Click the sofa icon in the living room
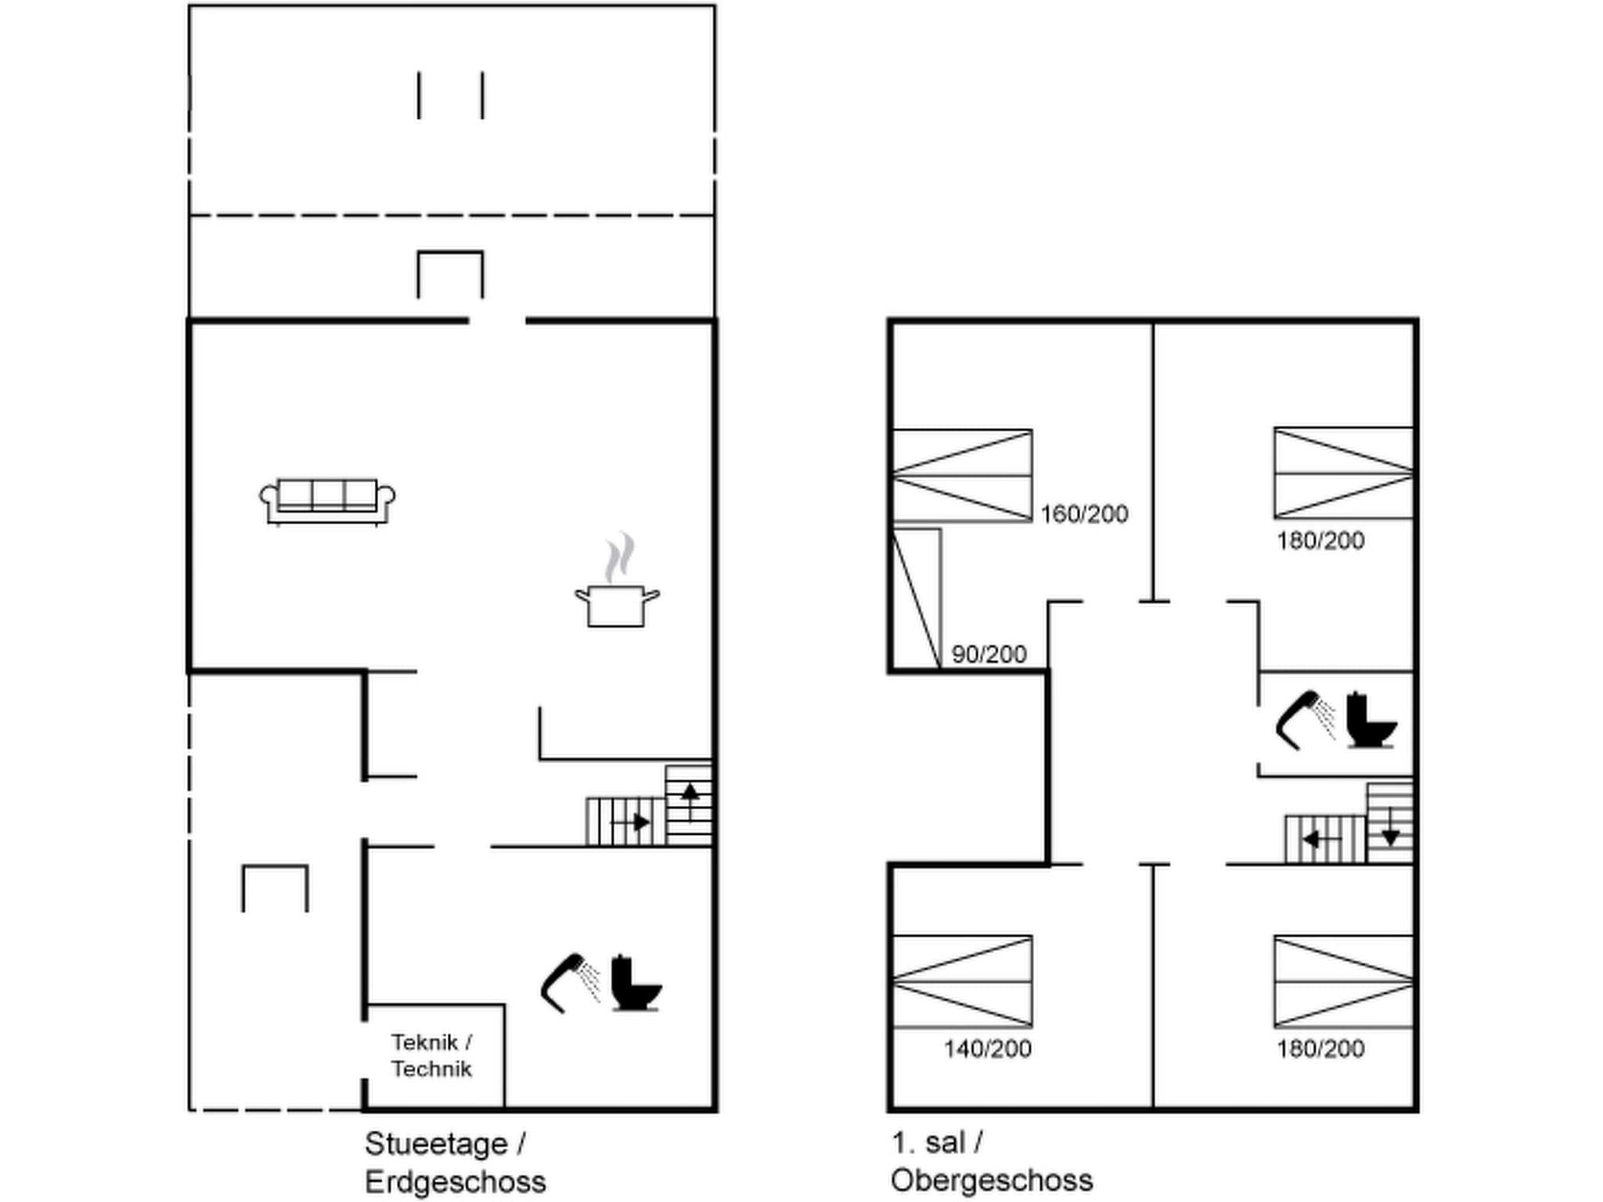(x=327, y=501)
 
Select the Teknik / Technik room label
(x=431, y=1056)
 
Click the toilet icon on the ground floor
(x=636, y=984)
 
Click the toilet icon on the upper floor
(x=1371, y=721)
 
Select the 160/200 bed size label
(x=1084, y=514)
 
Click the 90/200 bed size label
(x=989, y=654)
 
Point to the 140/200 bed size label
(x=987, y=1049)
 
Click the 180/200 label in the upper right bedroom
(x=1320, y=541)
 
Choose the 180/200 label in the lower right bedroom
(x=1320, y=1049)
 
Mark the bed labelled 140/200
(x=962, y=981)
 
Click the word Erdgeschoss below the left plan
(x=455, y=1182)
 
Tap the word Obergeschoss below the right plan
(x=991, y=1180)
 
